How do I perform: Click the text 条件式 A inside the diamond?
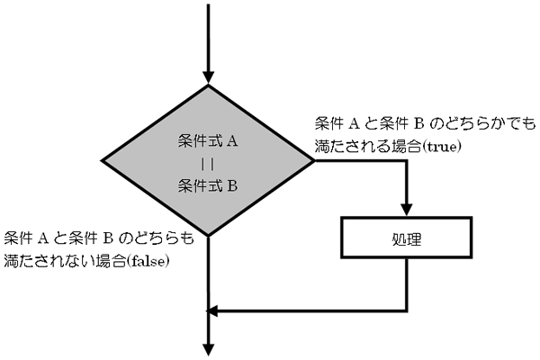[x=208, y=141]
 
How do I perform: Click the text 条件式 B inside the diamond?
[x=208, y=186]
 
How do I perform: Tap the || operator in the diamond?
[x=208, y=165]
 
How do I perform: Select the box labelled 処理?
[x=407, y=238]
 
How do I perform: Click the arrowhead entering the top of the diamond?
[x=208, y=77]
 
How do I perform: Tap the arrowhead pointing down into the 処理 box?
[x=407, y=210]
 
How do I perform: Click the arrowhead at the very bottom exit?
[x=209, y=349]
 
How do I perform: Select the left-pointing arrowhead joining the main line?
[x=212, y=311]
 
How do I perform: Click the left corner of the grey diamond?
[x=102, y=160]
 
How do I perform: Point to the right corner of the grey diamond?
[x=314, y=160]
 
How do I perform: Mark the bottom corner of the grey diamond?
[x=208, y=236]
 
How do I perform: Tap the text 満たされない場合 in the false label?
[x=65, y=261]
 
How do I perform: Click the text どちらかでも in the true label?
[x=490, y=124]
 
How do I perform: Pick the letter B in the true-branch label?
[x=418, y=124]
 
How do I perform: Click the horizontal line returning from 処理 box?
[x=308, y=311]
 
